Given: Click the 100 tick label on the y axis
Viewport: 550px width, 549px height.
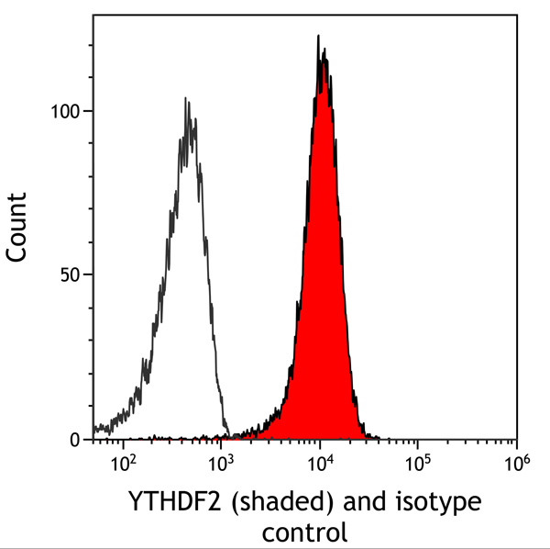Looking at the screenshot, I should point(65,111).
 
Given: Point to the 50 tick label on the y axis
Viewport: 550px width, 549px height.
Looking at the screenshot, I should point(71,275).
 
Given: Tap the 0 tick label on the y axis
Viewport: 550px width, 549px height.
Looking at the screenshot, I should point(77,440).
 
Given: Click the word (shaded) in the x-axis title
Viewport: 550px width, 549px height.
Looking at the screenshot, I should point(273,503).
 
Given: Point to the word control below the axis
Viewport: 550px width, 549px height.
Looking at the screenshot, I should point(304,532).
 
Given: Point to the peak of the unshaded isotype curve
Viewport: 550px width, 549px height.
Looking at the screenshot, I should point(186,98).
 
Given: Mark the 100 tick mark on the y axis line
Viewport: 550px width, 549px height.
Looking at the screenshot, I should point(90,111).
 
